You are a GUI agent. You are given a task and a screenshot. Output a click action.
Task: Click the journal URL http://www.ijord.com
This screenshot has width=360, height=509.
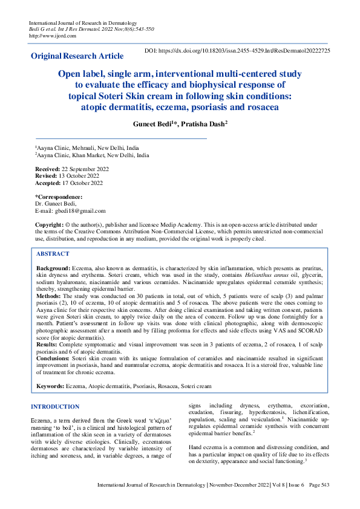pos(53,35)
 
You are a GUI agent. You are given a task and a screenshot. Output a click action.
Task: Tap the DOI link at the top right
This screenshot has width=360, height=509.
pos(237,51)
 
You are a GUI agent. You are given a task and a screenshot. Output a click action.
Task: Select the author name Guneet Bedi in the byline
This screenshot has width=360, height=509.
pos(153,123)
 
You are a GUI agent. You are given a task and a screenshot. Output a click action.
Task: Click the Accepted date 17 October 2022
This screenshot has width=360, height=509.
pos(79,183)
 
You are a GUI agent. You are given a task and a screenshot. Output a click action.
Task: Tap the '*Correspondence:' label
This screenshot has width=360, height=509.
pos(59,197)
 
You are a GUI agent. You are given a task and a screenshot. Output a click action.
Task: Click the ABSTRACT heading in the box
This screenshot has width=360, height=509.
pos(53,254)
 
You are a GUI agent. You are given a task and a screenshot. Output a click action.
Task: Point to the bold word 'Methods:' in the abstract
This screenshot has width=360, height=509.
pos(49,297)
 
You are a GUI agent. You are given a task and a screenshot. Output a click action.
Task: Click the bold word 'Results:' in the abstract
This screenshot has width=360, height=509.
pos(48,344)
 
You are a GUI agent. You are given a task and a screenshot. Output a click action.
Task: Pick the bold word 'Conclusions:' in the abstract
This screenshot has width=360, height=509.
pos(53,358)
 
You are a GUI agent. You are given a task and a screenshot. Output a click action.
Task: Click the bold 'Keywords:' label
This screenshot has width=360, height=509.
pos(50,385)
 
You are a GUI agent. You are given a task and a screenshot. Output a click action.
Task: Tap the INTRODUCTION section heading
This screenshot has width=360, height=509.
pos(55,406)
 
